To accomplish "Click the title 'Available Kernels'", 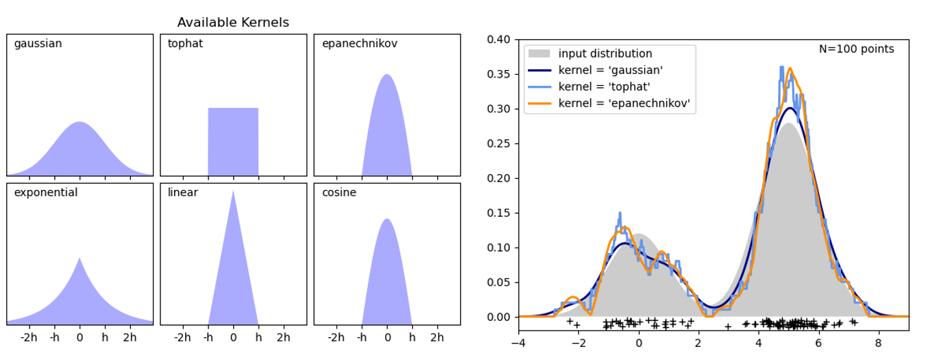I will (233, 23).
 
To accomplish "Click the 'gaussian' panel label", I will (38, 44).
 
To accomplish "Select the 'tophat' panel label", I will (185, 44).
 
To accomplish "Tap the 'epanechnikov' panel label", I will (359, 44).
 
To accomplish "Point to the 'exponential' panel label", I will (46, 193).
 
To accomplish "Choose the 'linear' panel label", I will (182, 193).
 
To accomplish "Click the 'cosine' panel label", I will (339, 193).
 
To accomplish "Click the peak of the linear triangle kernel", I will (233, 191).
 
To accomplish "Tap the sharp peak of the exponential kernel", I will (80, 259).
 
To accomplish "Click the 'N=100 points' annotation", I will (856, 49).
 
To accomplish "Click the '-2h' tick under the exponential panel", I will (29, 337).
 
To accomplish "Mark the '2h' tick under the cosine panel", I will (437, 337).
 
